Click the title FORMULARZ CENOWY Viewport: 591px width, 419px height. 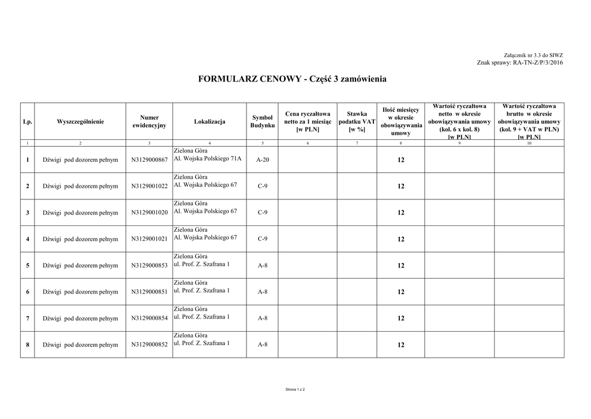pyautogui.click(x=292, y=79)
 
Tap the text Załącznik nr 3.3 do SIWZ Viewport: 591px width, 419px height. pyautogui.click(x=534, y=55)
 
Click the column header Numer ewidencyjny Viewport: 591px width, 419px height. pyautogui.click(x=149, y=121)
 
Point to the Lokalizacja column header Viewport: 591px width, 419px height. pyautogui.click(x=210, y=121)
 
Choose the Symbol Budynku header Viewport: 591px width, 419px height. pyautogui.click(x=262, y=121)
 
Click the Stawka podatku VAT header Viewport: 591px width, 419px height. pyautogui.click(x=357, y=121)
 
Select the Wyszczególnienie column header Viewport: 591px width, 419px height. pyautogui.click(x=80, y=121)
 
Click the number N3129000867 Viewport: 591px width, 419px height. pyautogui.click(x=149, y=160)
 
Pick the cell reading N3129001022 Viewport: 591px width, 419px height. pyautogui.click(x=149, y=186)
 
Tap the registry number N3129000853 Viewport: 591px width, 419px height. pyautogui.click(x=149, y=266)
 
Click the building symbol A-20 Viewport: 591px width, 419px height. pyautogui.click(x=262, y=160)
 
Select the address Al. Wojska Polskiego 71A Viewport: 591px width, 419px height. pyautogui.click(x=208, y=158)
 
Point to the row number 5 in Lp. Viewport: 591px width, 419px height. pyautogui.click(x=27, y=266)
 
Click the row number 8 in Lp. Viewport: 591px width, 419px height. pyautogui.click(x=27, y=345)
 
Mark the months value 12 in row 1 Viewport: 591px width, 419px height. pyautogui.click(x=401, y=160)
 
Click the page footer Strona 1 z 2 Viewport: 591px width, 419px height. pyautogui.click(x=295, y=390)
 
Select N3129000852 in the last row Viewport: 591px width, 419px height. pyautogui.click(x=149, y=345)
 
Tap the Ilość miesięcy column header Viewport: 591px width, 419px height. pyautogui.click(x=401, y=121)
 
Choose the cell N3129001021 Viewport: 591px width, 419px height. pyautogui.click(x=149, y=239)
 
